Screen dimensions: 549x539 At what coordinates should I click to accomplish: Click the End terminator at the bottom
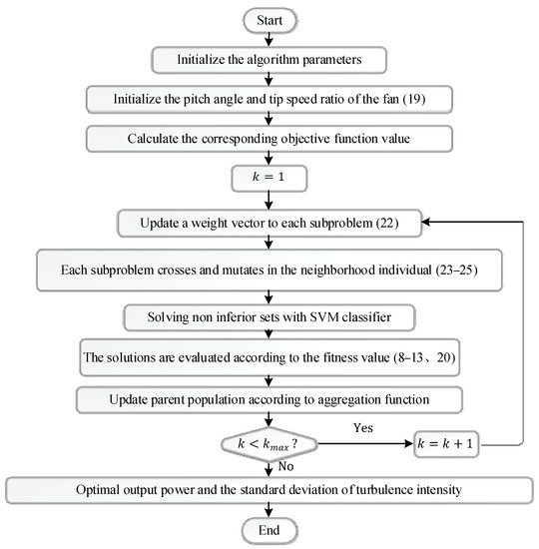click(269, 530)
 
